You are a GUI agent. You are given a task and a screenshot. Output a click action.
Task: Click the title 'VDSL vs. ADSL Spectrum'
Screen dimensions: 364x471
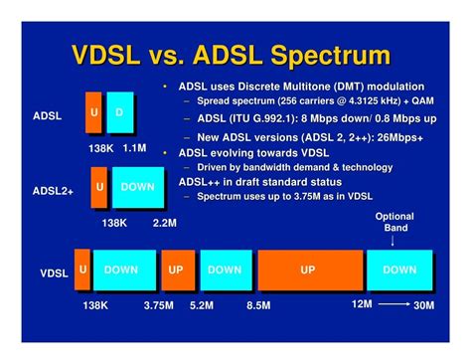point(235,54)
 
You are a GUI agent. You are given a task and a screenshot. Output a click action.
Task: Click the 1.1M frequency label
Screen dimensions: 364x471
point(134,147)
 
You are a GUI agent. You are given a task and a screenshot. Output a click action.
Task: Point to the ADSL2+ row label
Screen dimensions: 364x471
point(53,189)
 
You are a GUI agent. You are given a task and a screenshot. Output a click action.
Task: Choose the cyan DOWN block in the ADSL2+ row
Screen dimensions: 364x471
point(137,187)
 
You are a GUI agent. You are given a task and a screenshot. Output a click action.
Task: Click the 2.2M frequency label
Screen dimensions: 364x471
point(165,223)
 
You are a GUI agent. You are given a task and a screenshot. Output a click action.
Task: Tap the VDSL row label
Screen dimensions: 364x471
point(54,273)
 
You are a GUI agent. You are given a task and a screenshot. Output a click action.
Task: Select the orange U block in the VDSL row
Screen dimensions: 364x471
point(82,270)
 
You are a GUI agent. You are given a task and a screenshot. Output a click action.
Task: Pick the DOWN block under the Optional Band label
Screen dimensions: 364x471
point(399,270)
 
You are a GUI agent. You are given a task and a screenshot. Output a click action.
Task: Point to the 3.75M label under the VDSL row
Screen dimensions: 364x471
point(159,305)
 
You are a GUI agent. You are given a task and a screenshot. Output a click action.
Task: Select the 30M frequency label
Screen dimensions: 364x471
point(423,304)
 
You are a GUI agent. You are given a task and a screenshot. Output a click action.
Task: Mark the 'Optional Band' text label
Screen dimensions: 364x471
point(394,223)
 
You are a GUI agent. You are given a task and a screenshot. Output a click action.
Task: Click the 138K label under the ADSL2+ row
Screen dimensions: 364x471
point(114,223)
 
